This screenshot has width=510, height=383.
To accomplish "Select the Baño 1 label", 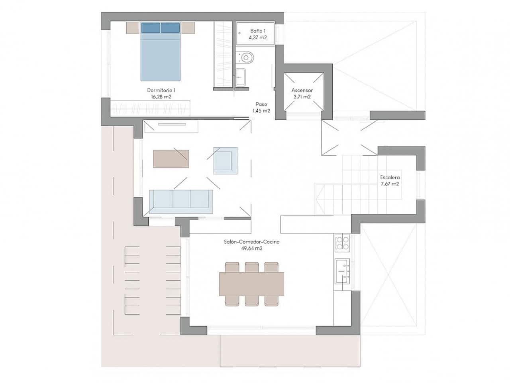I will pyautogui.click(x=257, y=31).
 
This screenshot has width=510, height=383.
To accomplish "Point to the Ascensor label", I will pyautogui.click(x=302, y=90).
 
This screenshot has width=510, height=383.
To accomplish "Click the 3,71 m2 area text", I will pyautogui.click(x=302, y=97).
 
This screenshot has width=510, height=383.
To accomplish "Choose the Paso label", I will pyautogui.click(x=261, y=104).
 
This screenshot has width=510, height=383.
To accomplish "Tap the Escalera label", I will pyautogui.click(x=390, y=178).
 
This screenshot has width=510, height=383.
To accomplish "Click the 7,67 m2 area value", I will pyautogui.click(x=390, y=184).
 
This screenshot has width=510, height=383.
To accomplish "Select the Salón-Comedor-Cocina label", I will pyautogui.click(x=251, y=242).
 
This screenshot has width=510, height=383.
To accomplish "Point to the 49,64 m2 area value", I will pyautogui.click(x=251, y=248).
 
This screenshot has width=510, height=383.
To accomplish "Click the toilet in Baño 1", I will pyautogui.click(x=246, y=57).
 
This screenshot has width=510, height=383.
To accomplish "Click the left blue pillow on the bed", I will pyautogui.click(x=150, y=28).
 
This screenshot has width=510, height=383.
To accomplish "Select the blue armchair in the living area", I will pyautogui.click(x=225, y=160).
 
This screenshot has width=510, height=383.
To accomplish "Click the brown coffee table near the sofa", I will pyautogui.click(x=171, y=159).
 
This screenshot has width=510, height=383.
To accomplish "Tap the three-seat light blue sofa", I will pyautogui.click(x=181, y=199).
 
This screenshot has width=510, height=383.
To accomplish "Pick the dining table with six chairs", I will pyautogui.click(x=251, y=284).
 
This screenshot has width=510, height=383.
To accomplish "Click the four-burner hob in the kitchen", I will pyautogui.click(x=342, y=243).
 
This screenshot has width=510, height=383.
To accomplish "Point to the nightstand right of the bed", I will pyautogui.click(x=188, y=28).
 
